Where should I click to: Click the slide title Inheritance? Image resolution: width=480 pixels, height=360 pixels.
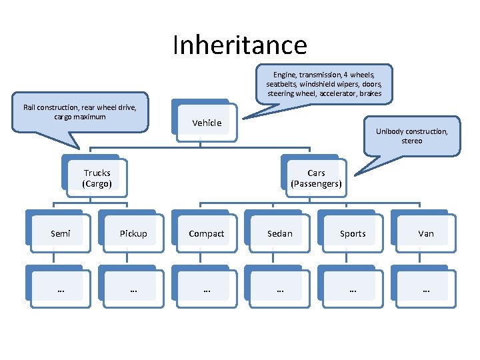coord(239,45)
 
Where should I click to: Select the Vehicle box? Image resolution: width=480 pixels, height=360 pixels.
coord(207,123)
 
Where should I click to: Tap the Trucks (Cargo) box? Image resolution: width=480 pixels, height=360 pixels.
coord(97,178)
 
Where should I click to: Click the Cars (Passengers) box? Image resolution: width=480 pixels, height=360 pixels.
coord(316,178)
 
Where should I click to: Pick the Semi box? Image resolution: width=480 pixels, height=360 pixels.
coord(60,233)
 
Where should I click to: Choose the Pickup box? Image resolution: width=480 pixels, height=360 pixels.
coord(133,233)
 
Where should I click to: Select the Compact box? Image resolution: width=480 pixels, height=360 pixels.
coord(207,233)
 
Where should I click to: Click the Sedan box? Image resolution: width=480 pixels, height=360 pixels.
coord(279,233)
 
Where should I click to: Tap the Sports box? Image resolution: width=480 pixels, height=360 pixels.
coord(353,233)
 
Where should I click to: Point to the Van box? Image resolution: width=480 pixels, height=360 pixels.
coord(426,233)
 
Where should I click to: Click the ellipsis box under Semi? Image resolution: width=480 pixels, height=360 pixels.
coord(60,289)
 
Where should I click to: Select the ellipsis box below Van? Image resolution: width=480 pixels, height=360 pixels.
coord(426,289)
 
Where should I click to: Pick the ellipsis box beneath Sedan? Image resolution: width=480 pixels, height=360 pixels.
coord(279,289)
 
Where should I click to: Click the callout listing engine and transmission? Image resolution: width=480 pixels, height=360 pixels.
coord(324,84)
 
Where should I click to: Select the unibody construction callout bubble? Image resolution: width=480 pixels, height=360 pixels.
coord(411,136)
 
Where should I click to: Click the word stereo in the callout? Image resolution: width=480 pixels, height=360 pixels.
coord(411,141)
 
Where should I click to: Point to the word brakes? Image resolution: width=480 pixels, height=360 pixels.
coord(369,94)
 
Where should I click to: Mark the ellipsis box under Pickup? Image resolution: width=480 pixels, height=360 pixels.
coord(133,289)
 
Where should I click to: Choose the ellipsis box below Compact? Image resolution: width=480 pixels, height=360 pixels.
coord(207,289)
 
